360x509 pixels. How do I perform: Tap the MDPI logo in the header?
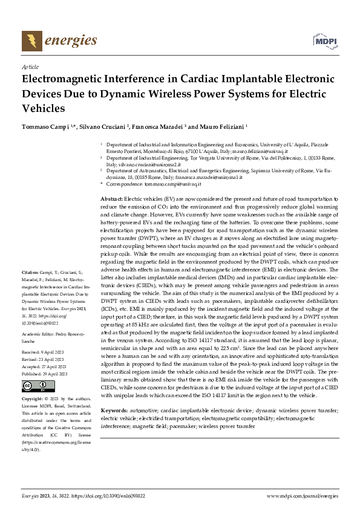coord(324,40)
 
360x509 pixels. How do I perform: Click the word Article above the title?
coord(30,68)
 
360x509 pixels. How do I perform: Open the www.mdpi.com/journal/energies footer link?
coord(303,496)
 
